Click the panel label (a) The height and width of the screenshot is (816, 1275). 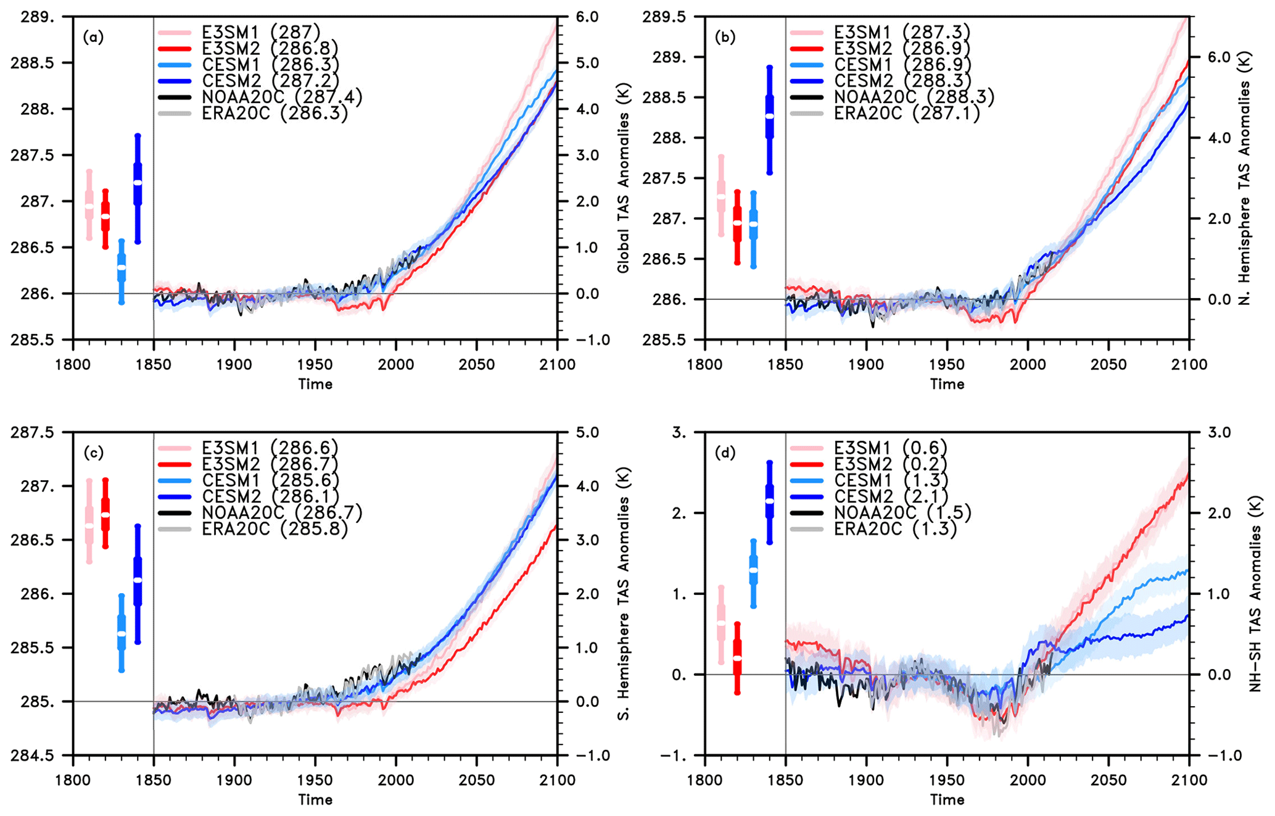[93, 37]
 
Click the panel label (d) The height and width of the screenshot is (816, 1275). [725, 453]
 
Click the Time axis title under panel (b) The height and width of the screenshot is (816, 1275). [947, 384]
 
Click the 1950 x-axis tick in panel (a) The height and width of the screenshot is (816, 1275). [315, 365]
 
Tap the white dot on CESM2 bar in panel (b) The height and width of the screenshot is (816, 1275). [769, 116]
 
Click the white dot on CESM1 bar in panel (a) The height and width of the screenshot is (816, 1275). [122, 267]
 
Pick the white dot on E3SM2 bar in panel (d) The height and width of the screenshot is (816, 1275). [737, 659]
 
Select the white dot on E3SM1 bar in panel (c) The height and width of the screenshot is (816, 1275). [89, 526]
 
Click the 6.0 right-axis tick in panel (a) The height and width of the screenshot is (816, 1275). [587, 17]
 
